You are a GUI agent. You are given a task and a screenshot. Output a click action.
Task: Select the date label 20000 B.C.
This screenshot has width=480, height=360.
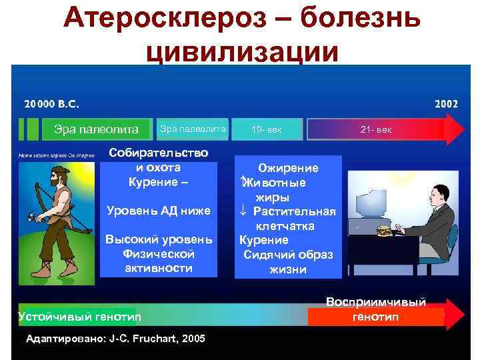51,105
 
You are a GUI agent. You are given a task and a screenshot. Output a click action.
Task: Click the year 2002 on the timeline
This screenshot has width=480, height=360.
446,104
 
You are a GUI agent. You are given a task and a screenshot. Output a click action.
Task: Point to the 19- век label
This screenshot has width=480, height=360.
267,128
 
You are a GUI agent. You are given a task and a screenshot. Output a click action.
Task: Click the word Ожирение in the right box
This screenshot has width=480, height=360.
288,168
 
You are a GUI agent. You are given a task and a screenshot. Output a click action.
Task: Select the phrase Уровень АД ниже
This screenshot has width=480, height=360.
159,211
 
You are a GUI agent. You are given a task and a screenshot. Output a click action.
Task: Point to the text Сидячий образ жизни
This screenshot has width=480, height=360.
288,262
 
